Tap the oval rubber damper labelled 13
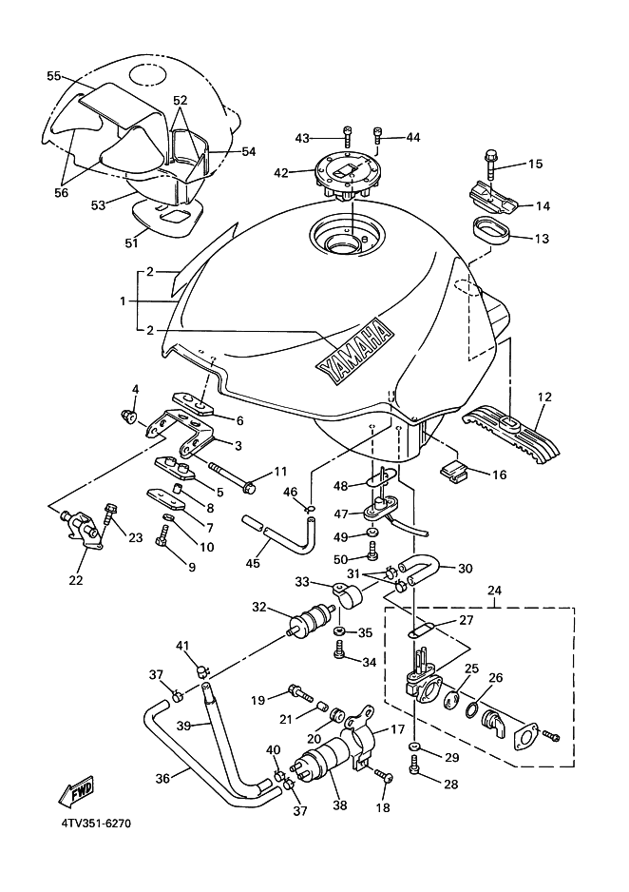(x=492, y=229)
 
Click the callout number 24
(x=493, y=590)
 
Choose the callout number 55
(x=53, y=75)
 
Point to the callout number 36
(x=162, y=777)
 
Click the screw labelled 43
(x=346, y=137)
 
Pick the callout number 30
(x=466, y=569)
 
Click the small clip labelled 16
(x=456, y=470)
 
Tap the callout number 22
(x=76, y=579)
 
